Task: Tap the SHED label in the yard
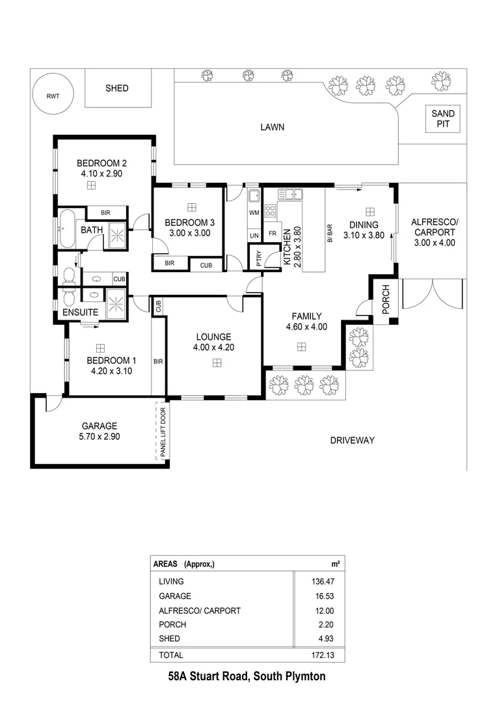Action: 117,88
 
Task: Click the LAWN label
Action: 272,127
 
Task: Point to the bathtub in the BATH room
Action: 67,228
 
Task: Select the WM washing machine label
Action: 254,213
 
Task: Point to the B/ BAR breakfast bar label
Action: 330,233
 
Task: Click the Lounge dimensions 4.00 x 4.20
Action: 214,348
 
